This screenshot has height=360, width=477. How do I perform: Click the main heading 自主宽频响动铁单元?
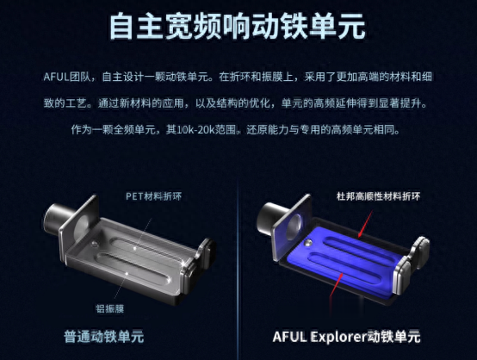[238, 26]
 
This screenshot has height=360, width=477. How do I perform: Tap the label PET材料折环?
[153, 196]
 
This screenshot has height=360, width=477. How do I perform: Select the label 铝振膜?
[110, 308]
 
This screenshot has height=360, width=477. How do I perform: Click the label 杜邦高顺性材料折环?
[379, 196]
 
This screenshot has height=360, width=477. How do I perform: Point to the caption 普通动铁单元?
[103, 337]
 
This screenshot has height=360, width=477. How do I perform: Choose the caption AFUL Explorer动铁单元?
[346, 337]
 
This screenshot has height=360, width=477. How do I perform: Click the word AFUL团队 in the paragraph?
[67, 77]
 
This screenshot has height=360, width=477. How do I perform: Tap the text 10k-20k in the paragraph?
[195, 130]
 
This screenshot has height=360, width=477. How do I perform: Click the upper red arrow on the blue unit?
[365, 224]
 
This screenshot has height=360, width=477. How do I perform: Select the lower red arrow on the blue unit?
[337, 285]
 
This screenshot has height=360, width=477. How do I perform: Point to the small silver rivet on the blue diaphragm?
[308, 242]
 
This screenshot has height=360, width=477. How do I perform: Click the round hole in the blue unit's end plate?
[294, 227]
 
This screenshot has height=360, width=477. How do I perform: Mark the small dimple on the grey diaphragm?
[95, 244]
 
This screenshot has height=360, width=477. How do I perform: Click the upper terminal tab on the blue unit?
[420, 252]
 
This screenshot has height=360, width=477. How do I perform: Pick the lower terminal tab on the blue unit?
[401, 276]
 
